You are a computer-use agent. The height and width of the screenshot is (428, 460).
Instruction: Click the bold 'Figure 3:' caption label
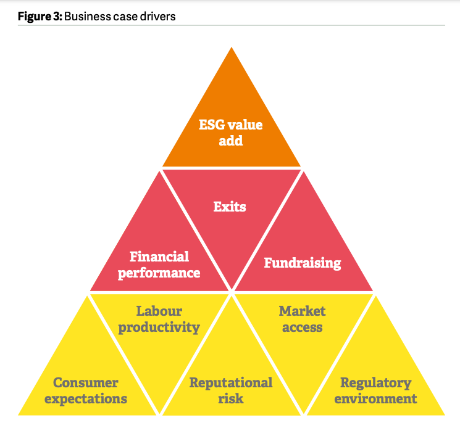(x=39, y=16)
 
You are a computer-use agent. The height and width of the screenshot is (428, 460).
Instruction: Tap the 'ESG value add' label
(x=230, y=133)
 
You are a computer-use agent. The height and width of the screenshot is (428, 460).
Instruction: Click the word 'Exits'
(x=230, y=207)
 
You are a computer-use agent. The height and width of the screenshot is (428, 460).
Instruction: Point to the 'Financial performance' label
(x=159, y=264)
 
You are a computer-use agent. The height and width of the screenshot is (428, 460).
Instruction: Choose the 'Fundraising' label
(x=303, y=263)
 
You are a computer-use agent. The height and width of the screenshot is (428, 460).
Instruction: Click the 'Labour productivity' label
(x=159, y=319)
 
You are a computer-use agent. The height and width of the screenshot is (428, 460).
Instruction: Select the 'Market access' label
(x=302, y=319)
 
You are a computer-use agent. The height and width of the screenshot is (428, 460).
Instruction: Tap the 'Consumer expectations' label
(x=86, y=390)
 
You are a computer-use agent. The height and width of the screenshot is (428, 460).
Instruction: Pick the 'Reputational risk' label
(x=230, y=390)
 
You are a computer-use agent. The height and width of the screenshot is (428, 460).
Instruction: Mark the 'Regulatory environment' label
(x=375, y=390)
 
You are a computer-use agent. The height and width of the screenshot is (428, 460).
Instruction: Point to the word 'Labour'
(x=159, y=311)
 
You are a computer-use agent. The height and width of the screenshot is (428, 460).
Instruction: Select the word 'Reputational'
(x=230, y=383)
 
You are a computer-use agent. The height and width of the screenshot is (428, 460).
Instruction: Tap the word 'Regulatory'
(x=375, y=383)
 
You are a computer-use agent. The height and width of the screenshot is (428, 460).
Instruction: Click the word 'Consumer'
(x=86, y=383)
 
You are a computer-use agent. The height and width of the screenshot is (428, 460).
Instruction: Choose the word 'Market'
(x=302, y=311)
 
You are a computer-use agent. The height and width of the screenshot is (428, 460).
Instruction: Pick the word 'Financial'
(x=159, y=257)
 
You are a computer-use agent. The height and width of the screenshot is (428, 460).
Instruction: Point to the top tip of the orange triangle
(x=231, y=47)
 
